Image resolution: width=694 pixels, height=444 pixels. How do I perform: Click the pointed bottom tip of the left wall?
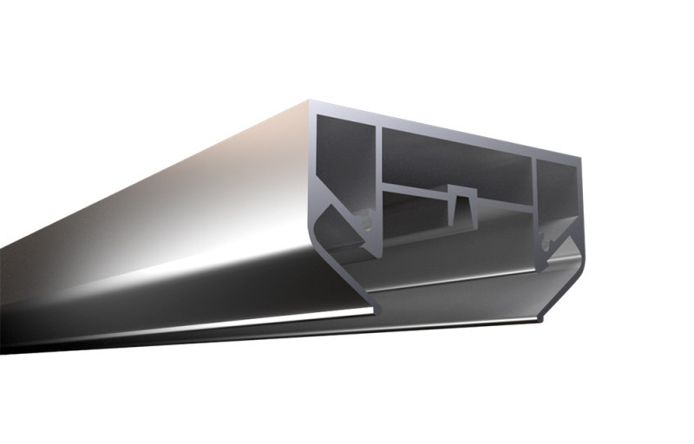[378, 255]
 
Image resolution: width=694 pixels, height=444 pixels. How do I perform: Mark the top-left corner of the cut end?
[311, 102]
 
